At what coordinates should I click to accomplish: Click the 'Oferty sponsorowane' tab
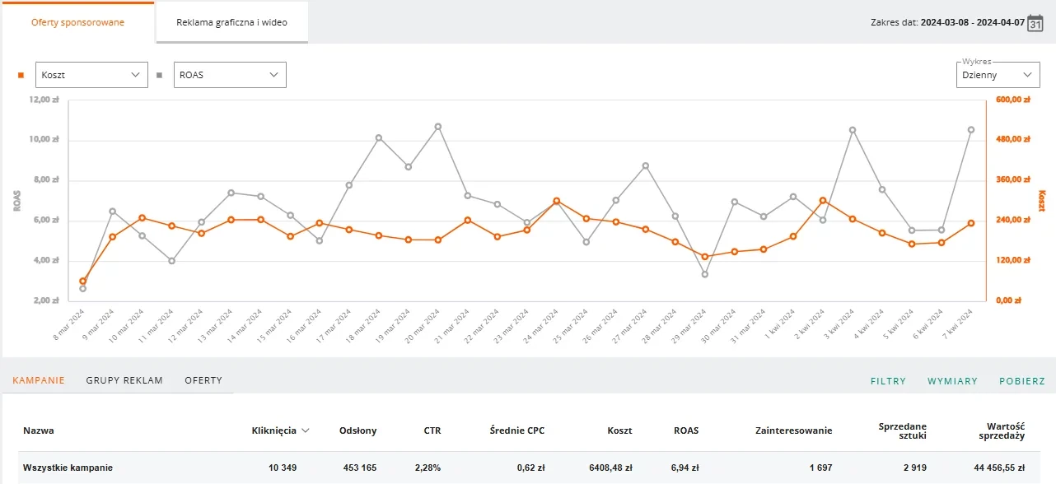point(77,22)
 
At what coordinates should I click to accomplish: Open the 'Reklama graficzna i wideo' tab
point(231,22)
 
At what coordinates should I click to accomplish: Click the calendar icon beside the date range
point(1035,22)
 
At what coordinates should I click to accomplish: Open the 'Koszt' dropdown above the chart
point(91,75)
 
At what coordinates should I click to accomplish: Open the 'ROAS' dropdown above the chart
point(230,75)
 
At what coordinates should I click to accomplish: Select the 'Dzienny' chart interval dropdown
point(998,75)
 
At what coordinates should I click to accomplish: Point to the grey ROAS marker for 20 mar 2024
point(438,127)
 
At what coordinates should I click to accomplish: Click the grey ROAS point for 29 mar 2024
point(705,274)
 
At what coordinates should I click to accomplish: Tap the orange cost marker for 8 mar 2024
point(83,282)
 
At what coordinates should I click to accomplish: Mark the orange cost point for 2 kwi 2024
point(823,201)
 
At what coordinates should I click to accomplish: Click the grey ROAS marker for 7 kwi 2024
point(971,130)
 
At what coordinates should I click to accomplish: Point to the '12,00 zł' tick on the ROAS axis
point(44,100)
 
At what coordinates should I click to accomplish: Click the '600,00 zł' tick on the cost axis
point(1013,100)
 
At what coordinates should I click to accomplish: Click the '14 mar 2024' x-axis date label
point(245,325)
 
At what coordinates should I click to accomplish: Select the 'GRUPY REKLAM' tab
point(124,380)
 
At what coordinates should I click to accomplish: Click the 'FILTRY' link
point(888,381)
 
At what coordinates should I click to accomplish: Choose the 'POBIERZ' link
point(1022,381)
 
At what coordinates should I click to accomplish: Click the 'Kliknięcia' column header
point(274,430)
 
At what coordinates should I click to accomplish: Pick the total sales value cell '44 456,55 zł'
point(999,468)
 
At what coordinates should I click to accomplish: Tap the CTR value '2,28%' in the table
point(428,468)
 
